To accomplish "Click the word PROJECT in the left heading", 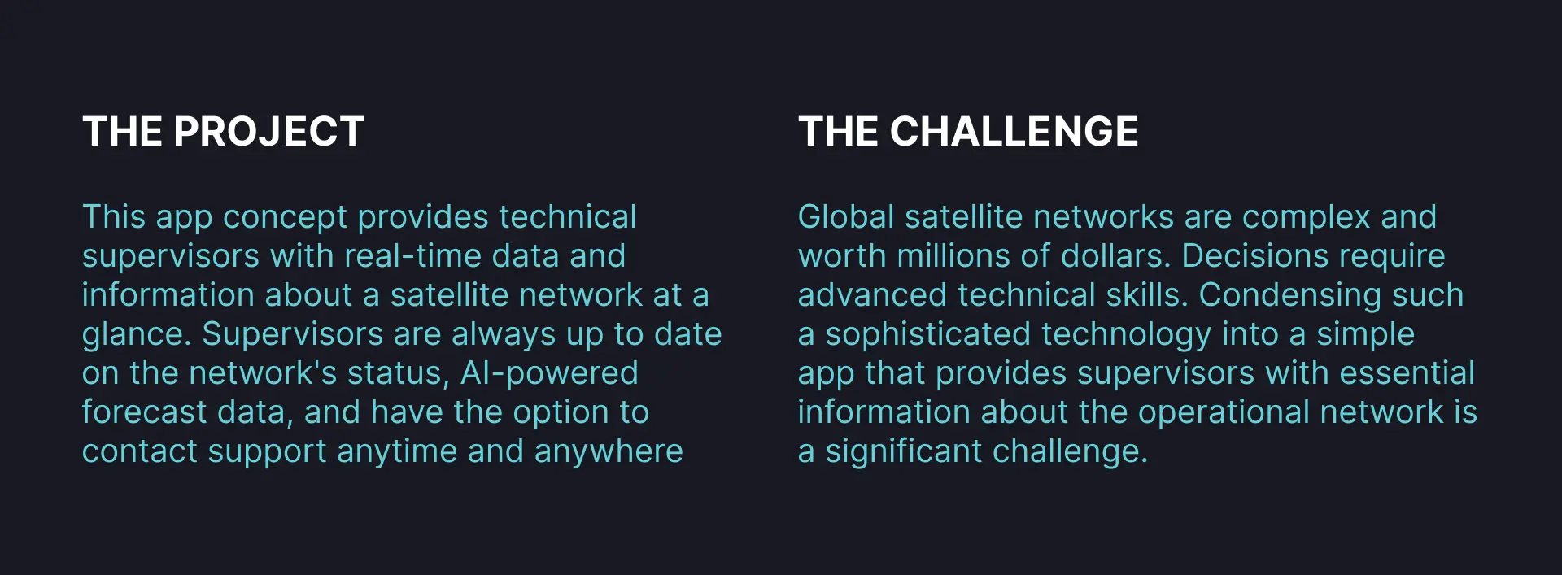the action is (x=268, y=132).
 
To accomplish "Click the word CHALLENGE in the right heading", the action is (x=1014, y=132).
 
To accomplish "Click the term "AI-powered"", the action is (x=549, y=374).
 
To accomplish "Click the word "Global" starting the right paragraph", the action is (x=846, y=217).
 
